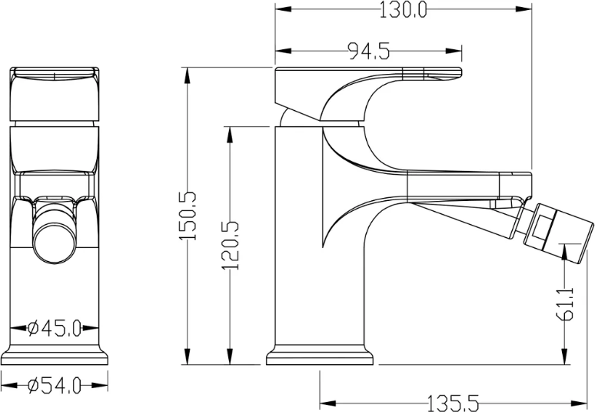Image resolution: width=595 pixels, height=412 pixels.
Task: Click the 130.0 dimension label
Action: (x=403, y=10)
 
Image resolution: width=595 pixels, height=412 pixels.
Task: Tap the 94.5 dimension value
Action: (x=369, y=51)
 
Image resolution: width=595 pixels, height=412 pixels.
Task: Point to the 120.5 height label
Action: (x=231, y=246)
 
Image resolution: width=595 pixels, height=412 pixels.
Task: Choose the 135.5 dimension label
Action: (x=453, y=403)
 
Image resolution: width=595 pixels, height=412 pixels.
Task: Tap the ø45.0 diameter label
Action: (x=55, y=328)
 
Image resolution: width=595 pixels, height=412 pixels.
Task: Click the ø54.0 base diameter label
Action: (x=55, y=386)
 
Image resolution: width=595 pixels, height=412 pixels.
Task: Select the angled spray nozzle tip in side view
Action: (x=558, y=233)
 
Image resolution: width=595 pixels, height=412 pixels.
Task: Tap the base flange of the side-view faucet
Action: (x=320, y=355)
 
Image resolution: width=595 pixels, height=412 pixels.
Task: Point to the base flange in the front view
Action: (x=54, y=355)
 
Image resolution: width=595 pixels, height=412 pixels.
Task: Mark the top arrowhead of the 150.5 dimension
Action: (x=187, y=75)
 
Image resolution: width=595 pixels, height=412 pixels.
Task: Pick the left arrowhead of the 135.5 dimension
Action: (x=328, y=403)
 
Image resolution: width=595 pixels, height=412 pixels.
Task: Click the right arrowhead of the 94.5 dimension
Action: (x=454, y=51)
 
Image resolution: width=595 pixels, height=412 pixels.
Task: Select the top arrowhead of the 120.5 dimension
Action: (x=230, y=135)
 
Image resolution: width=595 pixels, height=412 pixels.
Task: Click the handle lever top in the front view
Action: (x=55, y=74)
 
